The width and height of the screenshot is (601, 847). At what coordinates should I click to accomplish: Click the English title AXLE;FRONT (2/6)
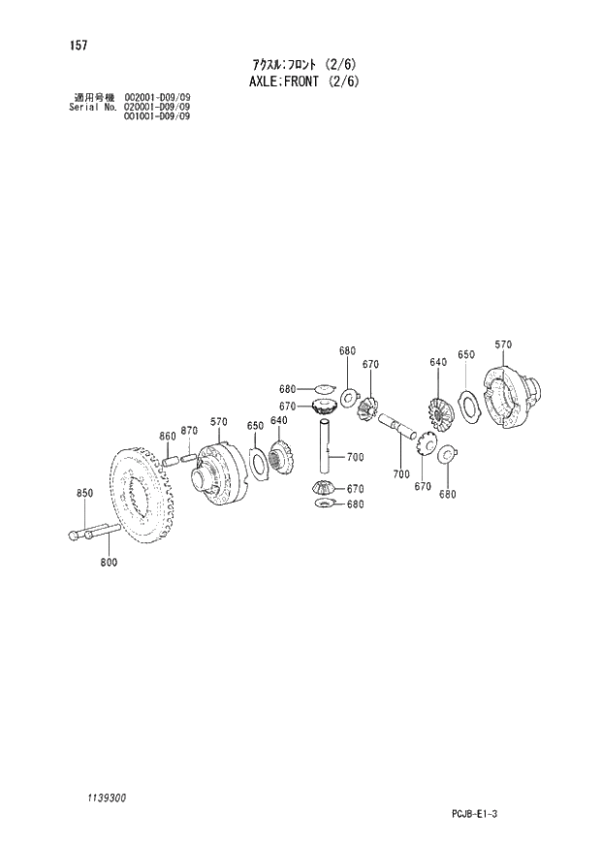click(300, 81)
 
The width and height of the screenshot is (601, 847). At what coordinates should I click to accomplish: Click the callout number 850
click(84, 494)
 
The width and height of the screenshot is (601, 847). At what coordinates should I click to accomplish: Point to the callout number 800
click(108, 563)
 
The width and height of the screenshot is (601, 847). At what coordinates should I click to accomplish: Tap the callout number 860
click(167, 436)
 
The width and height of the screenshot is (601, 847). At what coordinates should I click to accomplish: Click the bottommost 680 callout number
click(355, 505)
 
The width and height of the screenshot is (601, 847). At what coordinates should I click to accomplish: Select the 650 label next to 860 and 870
click(255, 426)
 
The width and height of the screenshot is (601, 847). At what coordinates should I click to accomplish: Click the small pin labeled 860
click(170, 461)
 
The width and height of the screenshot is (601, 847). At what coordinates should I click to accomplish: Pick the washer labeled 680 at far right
click(448, 453)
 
